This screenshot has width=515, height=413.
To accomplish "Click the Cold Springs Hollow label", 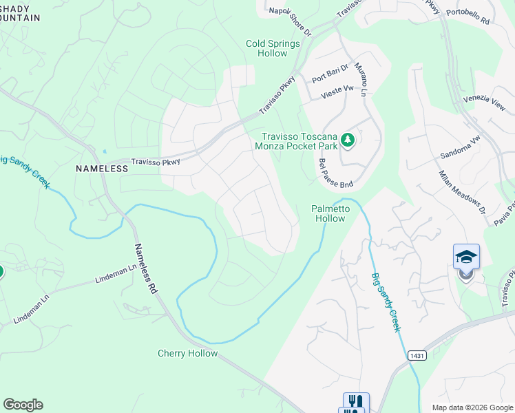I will tap(273, 48).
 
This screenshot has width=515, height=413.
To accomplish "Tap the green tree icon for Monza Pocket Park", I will tap(348, 140).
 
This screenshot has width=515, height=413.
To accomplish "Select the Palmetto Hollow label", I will tap(329, 213).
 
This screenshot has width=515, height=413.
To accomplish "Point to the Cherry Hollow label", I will tap(187, 353).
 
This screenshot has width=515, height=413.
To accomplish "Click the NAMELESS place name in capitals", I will tap(102, 168).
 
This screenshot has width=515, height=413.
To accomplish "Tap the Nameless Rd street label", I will tap(145, 269).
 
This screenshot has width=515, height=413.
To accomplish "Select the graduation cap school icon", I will tap(466, 257).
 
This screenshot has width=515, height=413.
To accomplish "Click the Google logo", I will tap(23, 405).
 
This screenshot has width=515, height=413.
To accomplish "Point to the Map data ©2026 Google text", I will tap(472, 407).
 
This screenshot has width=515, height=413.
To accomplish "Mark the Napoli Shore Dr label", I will tap(289, 22).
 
